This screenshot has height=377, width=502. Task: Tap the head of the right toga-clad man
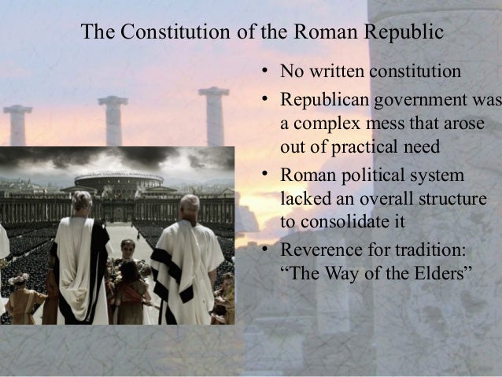189,206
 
